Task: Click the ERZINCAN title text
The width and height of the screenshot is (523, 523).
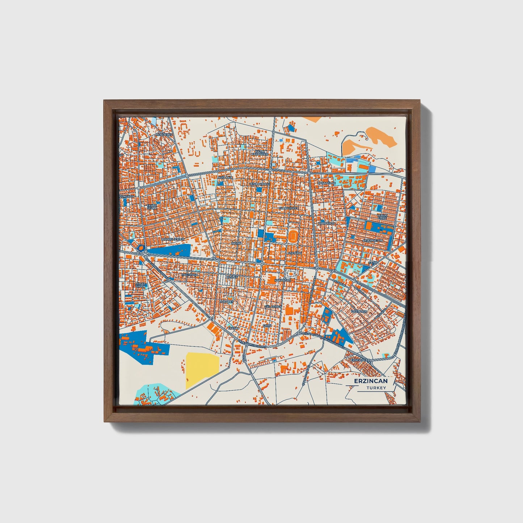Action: pyautogui.click(x=371, y=381)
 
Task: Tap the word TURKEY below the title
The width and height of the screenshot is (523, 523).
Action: pyautogui.click(x=376, y=388)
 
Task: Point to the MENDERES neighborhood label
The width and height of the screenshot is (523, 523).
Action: pyautogui.click(x=164, y=135)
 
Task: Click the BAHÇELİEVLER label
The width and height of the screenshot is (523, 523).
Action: pyautogui.click(x=173, y=239)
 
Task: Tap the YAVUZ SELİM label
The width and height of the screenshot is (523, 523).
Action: pyautogui.click(x=152, y=207)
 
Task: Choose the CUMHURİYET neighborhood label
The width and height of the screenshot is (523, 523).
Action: pyautogui.click(x=288, y=208)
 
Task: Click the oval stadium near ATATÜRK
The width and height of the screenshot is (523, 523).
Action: pyautogui.click(x=293, y=236)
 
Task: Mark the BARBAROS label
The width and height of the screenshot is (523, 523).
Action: pyautogui.click(x=326, y=224)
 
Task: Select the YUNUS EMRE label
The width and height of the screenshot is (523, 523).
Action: pyautogui.click(x=382, y=216)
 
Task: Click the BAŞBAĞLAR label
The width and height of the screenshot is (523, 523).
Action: pyautogui.click(x=327, y=183)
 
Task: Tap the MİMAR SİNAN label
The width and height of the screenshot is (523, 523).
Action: pyautogui.click(x=140, y=285)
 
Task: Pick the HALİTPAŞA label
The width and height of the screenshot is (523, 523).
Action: pyautogui.click(x=190, y=275)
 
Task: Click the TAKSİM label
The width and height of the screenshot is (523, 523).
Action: pyautogui.click(x=233, y=328)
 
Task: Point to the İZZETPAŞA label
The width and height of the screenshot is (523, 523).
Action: pyautogui.click(x=359, y=311)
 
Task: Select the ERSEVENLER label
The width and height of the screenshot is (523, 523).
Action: pyautogui.click(x=361, y=360)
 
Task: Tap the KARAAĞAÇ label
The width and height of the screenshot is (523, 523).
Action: pyautogui.click(x=283, y=281)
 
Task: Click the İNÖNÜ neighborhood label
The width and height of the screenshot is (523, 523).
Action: pyautogui.click(x=236, y=243)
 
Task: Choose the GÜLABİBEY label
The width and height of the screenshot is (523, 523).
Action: pyautogui.click(x=273, y=306)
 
